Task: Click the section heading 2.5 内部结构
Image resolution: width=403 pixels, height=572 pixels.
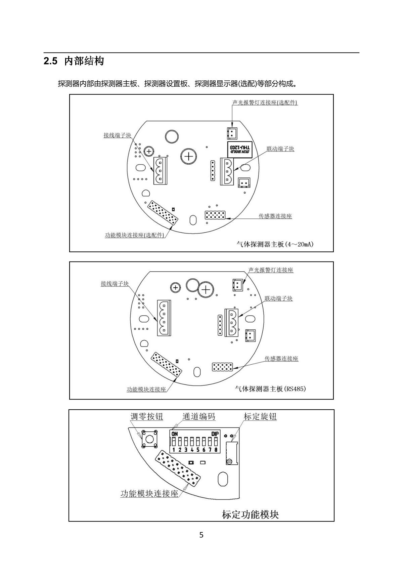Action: point(74,61)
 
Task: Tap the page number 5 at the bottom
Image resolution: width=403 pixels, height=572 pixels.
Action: point(201,535)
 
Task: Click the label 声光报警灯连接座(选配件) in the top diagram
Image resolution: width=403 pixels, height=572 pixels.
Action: point(265,103)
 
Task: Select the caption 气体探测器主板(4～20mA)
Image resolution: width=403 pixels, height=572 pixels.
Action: point(275,244)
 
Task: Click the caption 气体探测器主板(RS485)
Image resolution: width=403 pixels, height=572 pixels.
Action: point(270,389)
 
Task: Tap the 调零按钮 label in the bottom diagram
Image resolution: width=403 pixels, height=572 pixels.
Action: point(146,417)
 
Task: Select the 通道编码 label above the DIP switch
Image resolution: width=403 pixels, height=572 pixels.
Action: point(198,417)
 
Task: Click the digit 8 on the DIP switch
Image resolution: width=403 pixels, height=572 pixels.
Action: point(216,450)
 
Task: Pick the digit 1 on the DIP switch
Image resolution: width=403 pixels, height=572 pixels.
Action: point(174,450)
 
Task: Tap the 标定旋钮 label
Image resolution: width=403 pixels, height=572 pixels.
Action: point(260,417)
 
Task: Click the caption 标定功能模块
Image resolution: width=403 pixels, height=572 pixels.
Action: point(250,515)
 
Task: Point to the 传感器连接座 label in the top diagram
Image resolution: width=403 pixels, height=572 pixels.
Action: point(275,216)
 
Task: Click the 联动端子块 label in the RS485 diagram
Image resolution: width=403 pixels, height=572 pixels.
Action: point(278,298)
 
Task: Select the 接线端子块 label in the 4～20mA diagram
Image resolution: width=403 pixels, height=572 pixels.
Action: point(117,135)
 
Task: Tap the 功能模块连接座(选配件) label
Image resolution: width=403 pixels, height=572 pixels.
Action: point(134,235)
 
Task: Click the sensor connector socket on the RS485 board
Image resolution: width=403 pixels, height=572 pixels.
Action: point(222,367)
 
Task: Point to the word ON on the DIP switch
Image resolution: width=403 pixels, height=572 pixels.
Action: point(175,434)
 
